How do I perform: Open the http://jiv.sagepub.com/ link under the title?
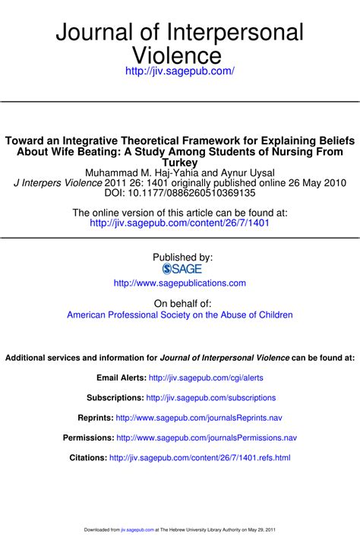tap(179, 71)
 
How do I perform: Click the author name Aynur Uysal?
tap(245, 172)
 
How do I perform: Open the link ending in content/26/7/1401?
tap(179, 223)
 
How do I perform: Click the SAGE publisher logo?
tap(179, 269)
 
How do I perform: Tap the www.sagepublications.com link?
tap(179, 283)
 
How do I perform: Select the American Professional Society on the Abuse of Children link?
tap(179, 314)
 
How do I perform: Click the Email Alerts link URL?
tap(206, 378)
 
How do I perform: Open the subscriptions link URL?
tap(210, 398)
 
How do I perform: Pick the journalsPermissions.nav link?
tap(206, 438)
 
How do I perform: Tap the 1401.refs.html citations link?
tap(200, 458)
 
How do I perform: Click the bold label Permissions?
tap(88, 438)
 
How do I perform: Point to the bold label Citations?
tap(88, 458)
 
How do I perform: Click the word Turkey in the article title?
tap(180, 162)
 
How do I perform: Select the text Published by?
tap(182, 257)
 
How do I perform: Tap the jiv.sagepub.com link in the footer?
tap(137, 529)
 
